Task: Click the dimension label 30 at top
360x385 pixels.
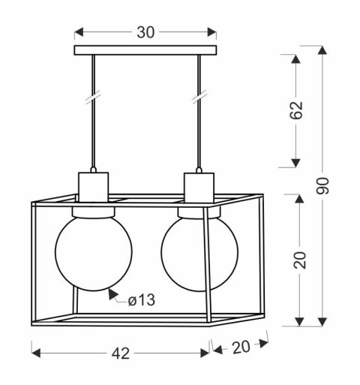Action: [x=146, y=33]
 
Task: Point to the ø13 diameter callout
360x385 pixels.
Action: [x=141, y=300]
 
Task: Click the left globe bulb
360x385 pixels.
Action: [x=93, y=251]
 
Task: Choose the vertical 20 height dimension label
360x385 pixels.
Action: [x=299, y=258]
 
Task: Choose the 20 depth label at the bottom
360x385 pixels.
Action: [x=241, y=346]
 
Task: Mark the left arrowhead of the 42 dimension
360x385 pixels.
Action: [x=35, y=350]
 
